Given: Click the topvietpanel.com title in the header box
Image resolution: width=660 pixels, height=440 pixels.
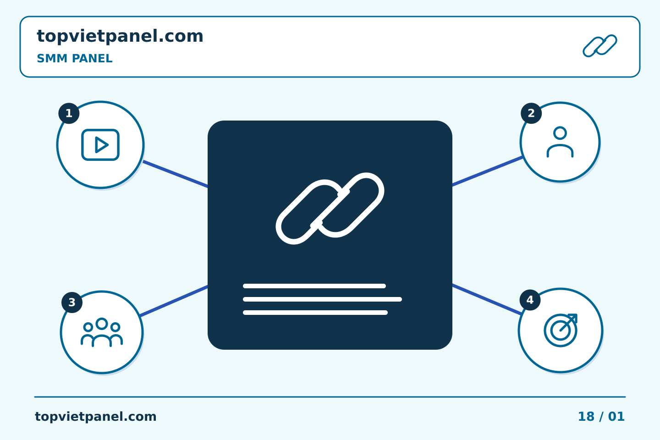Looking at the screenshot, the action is click(x=120, y=37).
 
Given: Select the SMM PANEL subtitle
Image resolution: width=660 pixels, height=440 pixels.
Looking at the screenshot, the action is click(x=75, y=58).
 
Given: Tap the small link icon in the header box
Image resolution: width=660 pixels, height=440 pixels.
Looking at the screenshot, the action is click(x=600, y=46).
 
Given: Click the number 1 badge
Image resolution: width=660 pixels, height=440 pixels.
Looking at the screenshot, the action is click(x=69, y=113).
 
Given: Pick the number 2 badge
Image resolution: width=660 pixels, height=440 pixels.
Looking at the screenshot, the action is click(x=531, y=113).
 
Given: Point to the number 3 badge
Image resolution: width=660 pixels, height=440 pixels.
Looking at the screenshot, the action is click(x=72, y=302).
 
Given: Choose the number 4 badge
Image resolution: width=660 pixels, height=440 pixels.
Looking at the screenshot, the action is click(x=530, y=300).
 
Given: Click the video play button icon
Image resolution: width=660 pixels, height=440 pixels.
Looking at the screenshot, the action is click(x=100, y=145).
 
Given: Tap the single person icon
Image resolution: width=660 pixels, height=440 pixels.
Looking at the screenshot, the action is click(x=560, y=142).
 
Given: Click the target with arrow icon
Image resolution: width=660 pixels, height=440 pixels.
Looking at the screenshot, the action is click(x=561, y=330).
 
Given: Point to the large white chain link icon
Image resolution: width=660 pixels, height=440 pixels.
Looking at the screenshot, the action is click(x=330, y=209).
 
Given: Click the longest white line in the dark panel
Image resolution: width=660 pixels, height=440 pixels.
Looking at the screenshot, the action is click(x=322, y=299).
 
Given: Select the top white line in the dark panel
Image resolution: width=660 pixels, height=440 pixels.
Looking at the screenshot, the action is click(x=314, y=286).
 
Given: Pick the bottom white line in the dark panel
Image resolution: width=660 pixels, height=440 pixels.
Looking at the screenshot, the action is click(x=315, y=313).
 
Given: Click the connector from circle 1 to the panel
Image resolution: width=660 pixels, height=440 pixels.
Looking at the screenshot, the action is click(x=176, y=174).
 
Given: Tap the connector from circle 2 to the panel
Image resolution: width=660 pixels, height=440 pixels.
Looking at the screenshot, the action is click(x=488, y=171).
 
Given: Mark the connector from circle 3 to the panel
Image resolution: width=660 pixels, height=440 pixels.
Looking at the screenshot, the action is click(x=174, y=301).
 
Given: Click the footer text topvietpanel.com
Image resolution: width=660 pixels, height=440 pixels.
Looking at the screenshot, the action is click(x=95, y=417).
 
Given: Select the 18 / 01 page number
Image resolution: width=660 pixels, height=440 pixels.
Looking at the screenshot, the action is click(x=601, y=417).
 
